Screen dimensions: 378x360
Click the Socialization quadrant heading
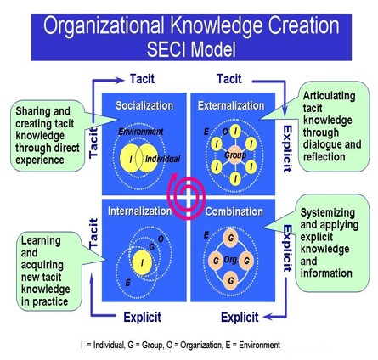tap(144, 105)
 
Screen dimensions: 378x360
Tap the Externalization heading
tap(231, 105)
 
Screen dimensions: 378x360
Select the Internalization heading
tap(140, 211)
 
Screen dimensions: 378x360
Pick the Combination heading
tap(234, 211)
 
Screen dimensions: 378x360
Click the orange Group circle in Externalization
tap(235, 155)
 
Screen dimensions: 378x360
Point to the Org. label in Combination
tap(231, 259)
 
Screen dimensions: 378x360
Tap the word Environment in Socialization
tap(141, 132)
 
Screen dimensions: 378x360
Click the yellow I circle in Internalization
tap(142, 262)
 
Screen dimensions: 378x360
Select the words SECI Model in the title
tap(191, 49)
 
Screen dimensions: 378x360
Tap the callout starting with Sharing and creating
tap(48, 136)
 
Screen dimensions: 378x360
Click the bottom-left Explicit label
tap(143, 317)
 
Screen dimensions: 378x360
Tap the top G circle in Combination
tap(230, 238)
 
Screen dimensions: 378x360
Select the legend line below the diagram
tap(180, 345)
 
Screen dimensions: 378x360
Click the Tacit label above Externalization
tap(229, 79)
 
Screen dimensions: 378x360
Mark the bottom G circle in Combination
tap(230, 280)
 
